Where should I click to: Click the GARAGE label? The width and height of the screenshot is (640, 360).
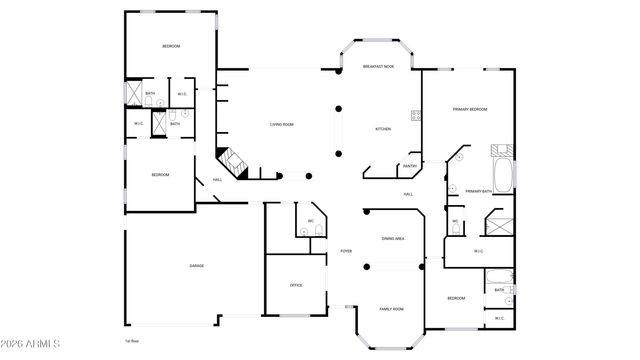click(x=197, y=265)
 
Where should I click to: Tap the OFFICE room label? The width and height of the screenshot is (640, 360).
click(x=296, y=286)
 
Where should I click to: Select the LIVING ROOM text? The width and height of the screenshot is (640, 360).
click(x=281, y=125)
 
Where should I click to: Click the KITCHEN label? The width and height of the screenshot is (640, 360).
click(x=383, y=129)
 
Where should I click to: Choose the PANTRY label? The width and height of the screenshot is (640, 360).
click(x=409, y=166)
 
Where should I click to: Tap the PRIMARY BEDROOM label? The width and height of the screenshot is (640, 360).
click(x=470, y=109)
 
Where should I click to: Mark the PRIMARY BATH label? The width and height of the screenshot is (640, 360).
click(x=479, y=190)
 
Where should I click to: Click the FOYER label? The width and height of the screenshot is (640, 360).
click(x=346, y=251)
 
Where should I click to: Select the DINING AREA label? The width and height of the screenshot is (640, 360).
click(x=393, y=239)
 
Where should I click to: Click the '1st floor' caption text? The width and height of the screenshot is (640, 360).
click(x=131, y=341)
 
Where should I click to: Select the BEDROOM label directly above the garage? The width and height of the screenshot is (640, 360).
click(x=160, y=175)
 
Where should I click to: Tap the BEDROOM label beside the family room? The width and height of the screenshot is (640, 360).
click(x=456, y=299)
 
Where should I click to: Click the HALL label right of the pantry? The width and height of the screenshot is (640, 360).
click(x=409, y=194)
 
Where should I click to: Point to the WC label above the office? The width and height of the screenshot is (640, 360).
click(x=311, y=220)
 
